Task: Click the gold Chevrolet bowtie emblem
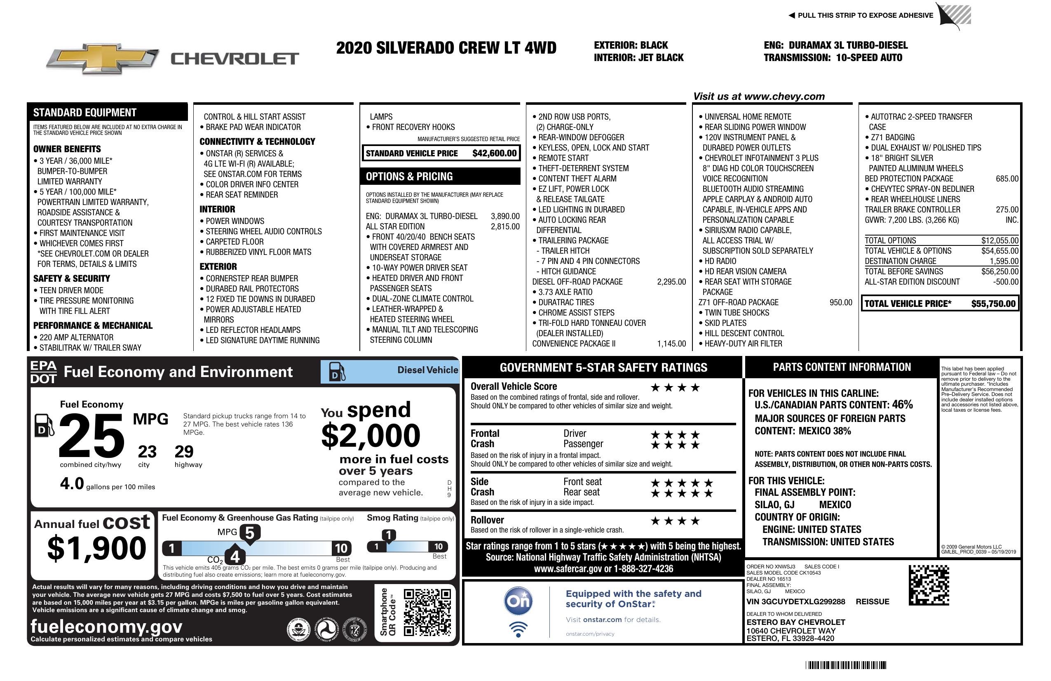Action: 103,58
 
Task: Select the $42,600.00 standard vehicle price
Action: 494,153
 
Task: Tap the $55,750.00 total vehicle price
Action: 993,304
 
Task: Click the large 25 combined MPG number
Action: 91,436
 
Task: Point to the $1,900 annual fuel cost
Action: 96,548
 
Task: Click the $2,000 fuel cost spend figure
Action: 371,436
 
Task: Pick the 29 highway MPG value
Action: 184,452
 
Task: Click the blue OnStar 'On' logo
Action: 518,601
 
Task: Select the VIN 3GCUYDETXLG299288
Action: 795,601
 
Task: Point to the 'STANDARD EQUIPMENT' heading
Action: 85,113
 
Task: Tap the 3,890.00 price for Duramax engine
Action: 505,216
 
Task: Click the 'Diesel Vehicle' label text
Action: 427,370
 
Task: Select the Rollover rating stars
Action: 675,521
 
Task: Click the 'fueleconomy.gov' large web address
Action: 106,627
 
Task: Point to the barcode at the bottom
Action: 845,665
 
